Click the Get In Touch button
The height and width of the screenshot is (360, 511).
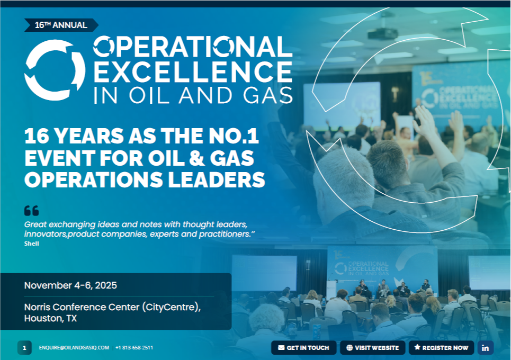303,348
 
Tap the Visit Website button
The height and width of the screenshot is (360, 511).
372,348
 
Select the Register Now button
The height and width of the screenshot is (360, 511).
441,348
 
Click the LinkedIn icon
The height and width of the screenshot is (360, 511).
485,348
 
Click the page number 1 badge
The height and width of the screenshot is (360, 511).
24,348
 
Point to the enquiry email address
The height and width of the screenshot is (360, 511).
74,348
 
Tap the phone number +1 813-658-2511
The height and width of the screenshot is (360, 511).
135,348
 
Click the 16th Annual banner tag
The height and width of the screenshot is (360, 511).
61,25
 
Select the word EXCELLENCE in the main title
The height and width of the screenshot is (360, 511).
193,72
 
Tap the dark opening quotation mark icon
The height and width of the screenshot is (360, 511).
32,211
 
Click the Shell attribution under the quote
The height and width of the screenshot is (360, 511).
32,244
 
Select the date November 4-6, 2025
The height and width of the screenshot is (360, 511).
70,285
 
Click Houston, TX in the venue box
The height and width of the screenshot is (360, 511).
50,318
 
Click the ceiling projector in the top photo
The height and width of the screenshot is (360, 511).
383,33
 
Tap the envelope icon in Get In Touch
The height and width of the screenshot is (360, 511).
281,348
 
